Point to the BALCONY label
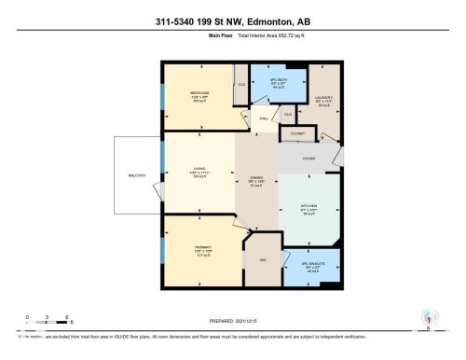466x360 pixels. pos(137,175)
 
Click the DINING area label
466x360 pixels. pos(255,179)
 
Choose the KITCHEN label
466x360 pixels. pos(308,206)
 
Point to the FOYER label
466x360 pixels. pos(308,159)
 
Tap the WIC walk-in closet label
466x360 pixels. pos(262,260)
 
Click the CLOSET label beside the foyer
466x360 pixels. pos(297,133)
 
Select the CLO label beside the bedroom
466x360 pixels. pos(240,83)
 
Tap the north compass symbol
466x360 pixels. pos(428,318)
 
